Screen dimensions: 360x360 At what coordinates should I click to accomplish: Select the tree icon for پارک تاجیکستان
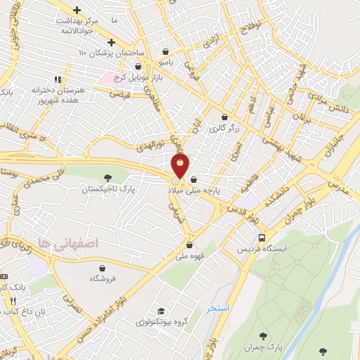click(107, 178)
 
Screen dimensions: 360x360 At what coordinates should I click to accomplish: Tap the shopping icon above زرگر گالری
click(224, 117)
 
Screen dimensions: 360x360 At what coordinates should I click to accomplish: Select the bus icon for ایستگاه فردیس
click(262, 238)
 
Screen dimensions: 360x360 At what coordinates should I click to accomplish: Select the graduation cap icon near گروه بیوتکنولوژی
click(161, 311)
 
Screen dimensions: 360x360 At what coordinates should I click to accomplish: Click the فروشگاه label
click(103, 279)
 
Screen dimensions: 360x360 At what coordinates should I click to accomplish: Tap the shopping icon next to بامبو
click(165, 51)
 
